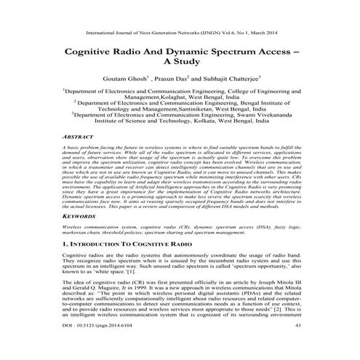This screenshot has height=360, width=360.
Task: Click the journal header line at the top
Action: coord(180,34)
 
